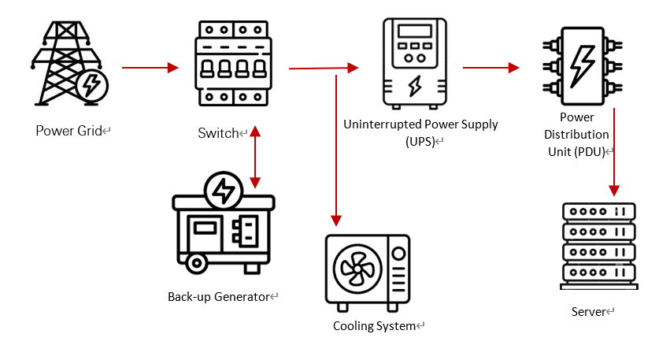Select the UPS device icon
(x=413, y=64)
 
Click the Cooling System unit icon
(x=368, y=269)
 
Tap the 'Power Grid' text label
(x=69, y=131)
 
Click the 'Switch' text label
(x=218, y=133)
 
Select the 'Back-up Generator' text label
(x=219, y=297)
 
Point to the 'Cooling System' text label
(x=374, y=326)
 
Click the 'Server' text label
(x=588, y=312)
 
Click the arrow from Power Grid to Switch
(x=150, y=68)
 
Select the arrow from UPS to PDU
(x=490, y=68)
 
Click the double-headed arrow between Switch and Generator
(x=254, y=158)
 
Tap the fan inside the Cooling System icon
(x=357, y=268)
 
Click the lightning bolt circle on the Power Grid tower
(x=92, y=84)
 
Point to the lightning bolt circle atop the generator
(x=223, y=190)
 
